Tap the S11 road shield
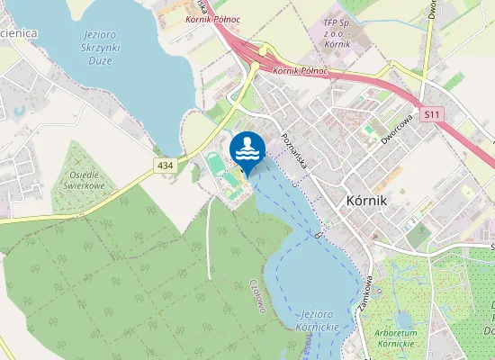tap(432, 114)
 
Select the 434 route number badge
tap(165, 165)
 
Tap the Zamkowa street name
tap(364, 292)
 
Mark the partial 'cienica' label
tap(18, 32)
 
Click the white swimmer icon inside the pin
tap(247, 148)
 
